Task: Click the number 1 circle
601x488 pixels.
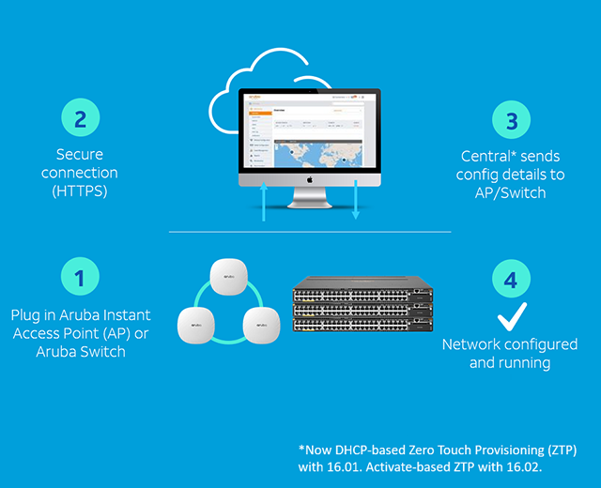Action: (81, 279)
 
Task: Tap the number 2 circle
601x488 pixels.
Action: (81, 119)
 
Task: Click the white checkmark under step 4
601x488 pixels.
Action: (511, 316)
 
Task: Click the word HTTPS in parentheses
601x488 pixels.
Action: (80, 192)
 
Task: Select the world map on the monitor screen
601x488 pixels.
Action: (309, 151)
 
